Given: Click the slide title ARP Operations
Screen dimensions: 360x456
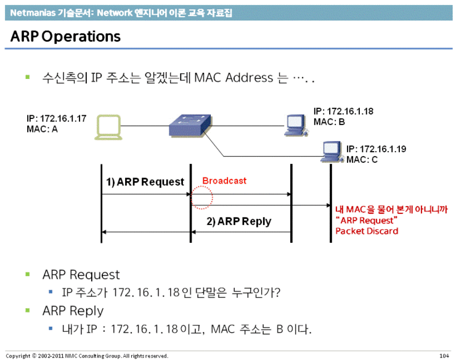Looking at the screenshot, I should [65, 36].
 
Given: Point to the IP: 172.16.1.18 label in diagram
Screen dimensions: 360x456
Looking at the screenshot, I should [343, 112].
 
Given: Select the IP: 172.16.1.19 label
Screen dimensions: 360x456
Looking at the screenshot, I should [376, 149].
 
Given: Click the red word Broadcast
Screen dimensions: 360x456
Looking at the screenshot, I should [224, 181].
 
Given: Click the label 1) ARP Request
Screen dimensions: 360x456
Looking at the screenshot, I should [145, 182].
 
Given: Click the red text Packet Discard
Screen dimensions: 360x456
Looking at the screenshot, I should [367, 231].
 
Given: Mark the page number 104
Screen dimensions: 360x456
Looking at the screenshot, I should [443, 356].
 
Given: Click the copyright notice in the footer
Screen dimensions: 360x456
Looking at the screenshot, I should [86, 356].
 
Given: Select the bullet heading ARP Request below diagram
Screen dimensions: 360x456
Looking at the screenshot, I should [81, 274].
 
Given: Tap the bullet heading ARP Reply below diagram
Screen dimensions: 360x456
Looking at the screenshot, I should [73, 311].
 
